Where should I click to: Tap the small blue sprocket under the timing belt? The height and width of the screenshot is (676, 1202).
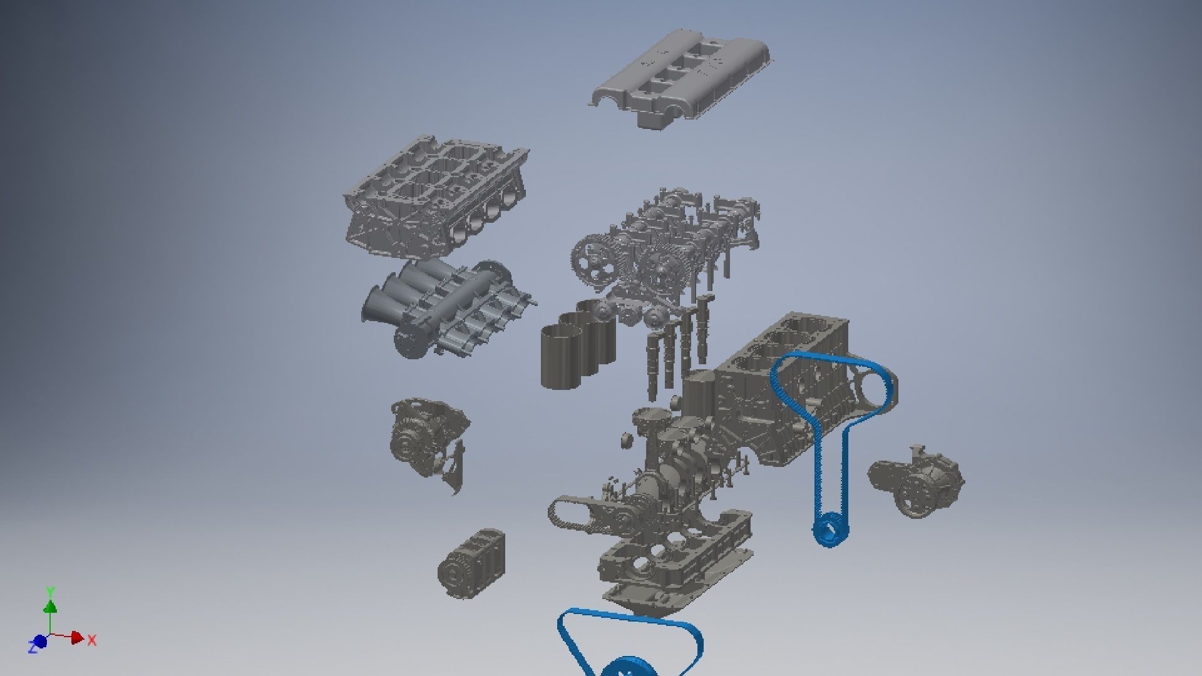pos(830,529)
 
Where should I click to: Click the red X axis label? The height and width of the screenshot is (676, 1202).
pos(92,640)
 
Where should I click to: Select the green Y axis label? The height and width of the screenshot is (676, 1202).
pos(51,591)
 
